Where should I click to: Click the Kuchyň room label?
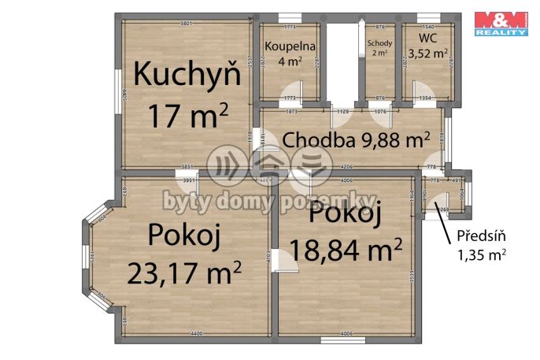(187, 75)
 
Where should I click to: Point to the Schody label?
(379, 43)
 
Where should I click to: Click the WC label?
(427, 37)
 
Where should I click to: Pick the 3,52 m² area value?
(427, 54)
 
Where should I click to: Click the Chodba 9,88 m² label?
(356, 140)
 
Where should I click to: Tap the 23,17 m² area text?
(183, 273)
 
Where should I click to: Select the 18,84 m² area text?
(346, 250)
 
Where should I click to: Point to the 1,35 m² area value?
(481, 254)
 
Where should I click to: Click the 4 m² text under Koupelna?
(289, 61)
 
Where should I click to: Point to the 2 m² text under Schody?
(379, 54)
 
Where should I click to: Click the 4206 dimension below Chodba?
(346, 166)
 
